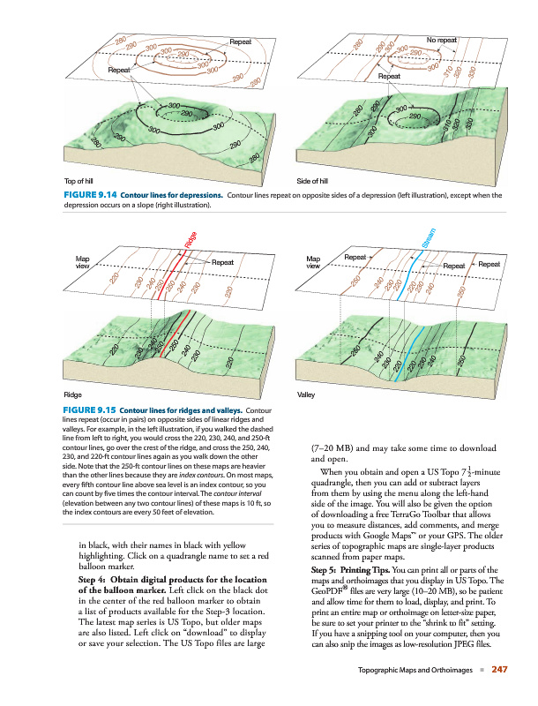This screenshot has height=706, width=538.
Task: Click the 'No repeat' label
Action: coord(441,41)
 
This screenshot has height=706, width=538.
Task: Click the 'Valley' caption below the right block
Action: coord(307,395)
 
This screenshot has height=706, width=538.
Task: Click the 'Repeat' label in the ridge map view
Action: coord(222,262)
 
